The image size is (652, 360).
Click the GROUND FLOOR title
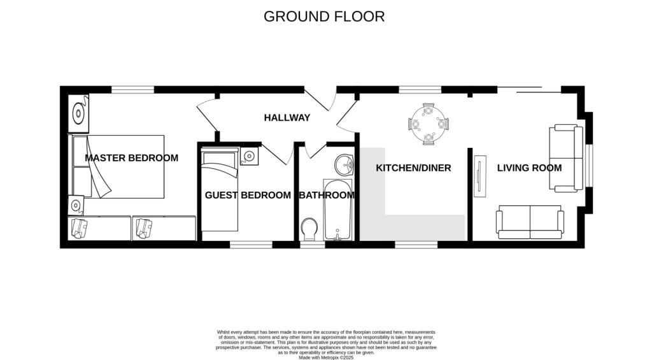pos(324,17)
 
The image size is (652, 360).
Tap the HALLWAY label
pos(287,118)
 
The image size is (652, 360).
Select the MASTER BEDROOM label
pos(132,158)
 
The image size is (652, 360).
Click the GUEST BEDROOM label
pos(248,195)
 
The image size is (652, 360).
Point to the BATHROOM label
pos(327,195)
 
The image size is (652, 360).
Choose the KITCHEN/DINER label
pos(413,168)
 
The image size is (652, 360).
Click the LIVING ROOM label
pos(529,168)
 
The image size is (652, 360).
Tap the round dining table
pos(429,122)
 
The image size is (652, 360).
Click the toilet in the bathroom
pos(310,227)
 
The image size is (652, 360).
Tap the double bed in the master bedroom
pos(119,166)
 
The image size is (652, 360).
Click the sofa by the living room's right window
pos(566,158)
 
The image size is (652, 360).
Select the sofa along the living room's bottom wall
pos(530,222)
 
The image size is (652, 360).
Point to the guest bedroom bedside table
pos(249,155)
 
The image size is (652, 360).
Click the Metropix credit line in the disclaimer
pos(326,357)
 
